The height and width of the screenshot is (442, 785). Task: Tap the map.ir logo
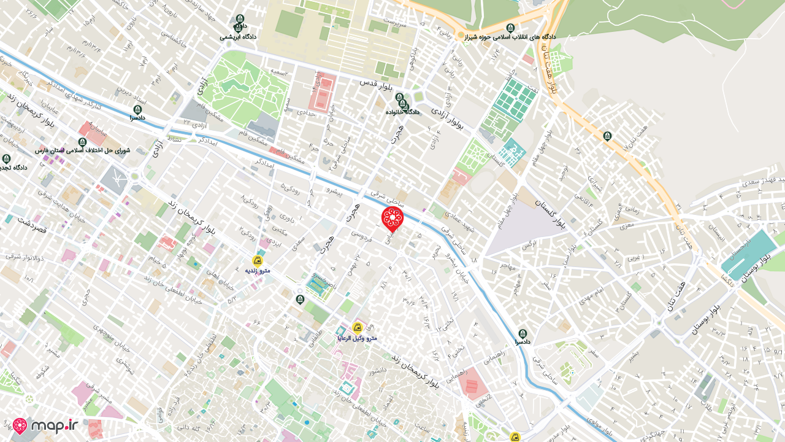pos(45,426)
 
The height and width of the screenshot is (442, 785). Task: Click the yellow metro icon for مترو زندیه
pos(258,260)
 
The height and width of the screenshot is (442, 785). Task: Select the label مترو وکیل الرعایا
pos(357,338)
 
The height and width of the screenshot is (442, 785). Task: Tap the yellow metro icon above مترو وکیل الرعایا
pos(357,328)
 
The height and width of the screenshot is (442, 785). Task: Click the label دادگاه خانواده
pos(402,112)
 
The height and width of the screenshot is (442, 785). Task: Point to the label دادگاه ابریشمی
pos(238,37)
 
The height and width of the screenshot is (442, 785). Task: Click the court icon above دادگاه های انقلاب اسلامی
pos(510,28)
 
